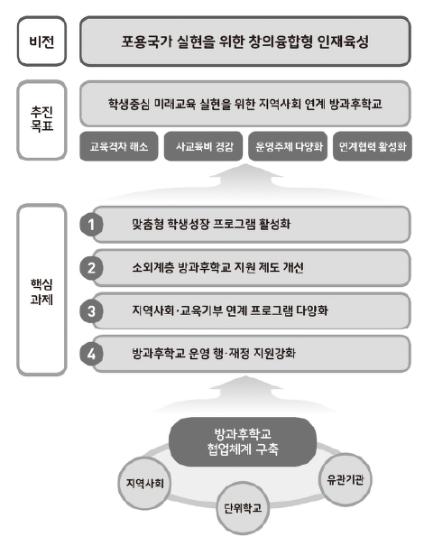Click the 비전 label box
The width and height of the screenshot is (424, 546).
pyautogui.click(x=41, y=42)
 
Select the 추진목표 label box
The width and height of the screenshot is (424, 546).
pyautogui.click(x=41, y=120)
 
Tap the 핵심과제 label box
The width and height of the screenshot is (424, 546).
pyautogui.click(x=41, y=290)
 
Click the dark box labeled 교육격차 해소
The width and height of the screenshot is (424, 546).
pyautogui.click(x=119, y=146)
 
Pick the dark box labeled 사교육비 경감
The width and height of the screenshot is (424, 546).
pyautogui.click(x=203, y=146)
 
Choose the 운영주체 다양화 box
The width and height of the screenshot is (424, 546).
pyautogui.click(x=288, y=146)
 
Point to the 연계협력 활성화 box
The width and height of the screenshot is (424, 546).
pyautogui.click(x=373, y=146)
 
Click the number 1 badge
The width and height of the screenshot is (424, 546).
pyautogui.click(x=91, y=225)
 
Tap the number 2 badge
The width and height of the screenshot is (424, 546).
pyautogui.click(x=91, y=268)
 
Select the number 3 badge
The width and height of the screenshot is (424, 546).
pyautogui.click(x=91, y=311)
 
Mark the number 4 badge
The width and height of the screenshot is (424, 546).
pyautogui.click(x=91, y=354)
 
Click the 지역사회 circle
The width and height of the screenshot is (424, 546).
pyautogui.click(x=144, y=484)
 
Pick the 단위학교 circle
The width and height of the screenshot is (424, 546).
pyautogui.click(x=243, y=508)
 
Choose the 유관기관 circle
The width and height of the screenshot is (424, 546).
pyautogui.click(x=345, y=480)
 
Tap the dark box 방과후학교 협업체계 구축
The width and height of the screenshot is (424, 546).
pyautogui.click(x=243, y=442)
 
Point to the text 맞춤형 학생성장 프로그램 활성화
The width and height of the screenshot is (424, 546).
pyautogui.click(x=211, y=224)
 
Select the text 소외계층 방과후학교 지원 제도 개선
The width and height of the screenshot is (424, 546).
pyautogui.click(x=217, y=267)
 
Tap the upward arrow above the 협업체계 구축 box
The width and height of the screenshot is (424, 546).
pyautogui.click(x=245, y=393)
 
